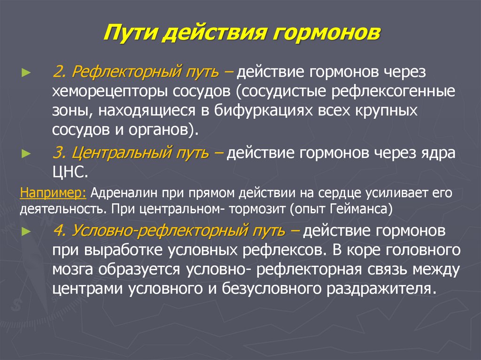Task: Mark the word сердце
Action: pyautogui.click(x=339, y=192)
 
